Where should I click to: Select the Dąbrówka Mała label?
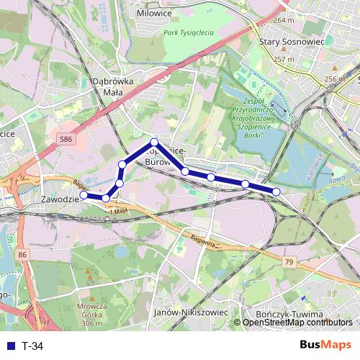click(114, 87)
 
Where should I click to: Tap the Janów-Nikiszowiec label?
click(191, 313)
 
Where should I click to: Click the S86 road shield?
click(67, 138)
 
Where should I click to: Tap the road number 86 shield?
click(24, 255)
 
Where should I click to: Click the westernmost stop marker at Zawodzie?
click(84, 194)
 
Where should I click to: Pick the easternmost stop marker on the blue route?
click(276, 191)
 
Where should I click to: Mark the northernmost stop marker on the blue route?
click(154, 142)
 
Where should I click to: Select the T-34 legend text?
click(32, 346)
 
